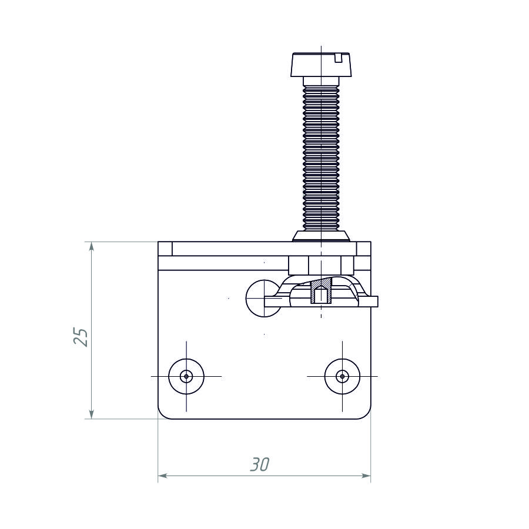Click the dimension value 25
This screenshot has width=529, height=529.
[81, 337]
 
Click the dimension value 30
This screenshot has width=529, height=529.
[260, 464]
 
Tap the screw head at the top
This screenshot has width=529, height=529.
[321, 65]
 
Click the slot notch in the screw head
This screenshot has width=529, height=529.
[339, 58]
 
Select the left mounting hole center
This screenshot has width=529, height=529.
[186, 376]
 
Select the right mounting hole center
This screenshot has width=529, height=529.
[343, 376]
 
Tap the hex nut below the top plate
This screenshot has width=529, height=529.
[321, 266]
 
